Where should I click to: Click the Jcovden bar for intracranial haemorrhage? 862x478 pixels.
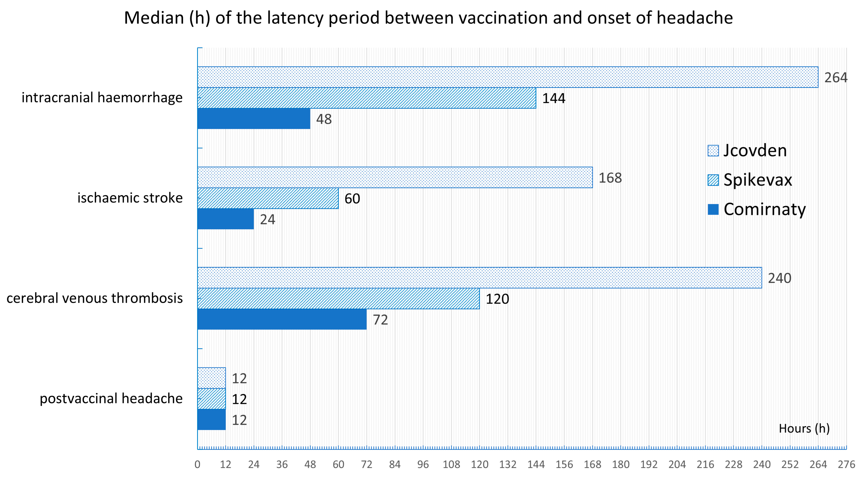coord(508,77)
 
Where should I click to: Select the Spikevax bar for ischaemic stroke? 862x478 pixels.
coord(268,198)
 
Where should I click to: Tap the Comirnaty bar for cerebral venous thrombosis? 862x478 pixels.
coord(282,319)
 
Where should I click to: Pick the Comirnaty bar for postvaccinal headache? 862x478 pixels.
coord(211,419)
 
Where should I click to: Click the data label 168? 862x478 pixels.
coord(610,178)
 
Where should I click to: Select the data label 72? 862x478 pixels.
coord(380,320)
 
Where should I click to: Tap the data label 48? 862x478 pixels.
coord(324,119)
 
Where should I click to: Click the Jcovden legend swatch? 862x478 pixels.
coord(713,151)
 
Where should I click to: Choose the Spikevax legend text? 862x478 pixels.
coord(758,180)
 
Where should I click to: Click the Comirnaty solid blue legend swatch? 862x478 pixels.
coord(713,210)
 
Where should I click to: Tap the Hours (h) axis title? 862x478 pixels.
coord(804,428)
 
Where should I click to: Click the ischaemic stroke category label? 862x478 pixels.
coord(130,198)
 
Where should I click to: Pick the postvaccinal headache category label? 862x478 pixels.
coord(111,398)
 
